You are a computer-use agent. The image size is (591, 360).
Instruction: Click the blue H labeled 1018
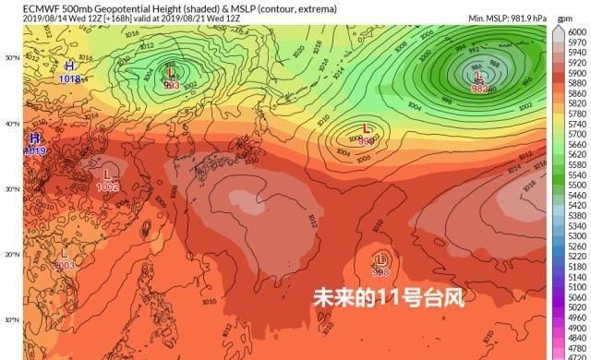(69, 66)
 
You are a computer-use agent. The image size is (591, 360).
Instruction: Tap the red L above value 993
(171, 73)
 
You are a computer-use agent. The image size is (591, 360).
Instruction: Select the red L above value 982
(478, 77)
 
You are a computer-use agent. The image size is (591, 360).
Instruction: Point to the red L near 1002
(107, 174)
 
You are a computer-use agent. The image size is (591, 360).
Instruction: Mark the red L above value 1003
(65, 253)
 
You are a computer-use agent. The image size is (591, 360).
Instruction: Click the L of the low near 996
(367, 128)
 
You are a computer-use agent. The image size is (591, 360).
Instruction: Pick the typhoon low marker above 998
(380, 259)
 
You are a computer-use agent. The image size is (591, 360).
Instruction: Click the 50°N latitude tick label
(12, 57)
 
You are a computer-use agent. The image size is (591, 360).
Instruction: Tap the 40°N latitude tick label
(12, 124)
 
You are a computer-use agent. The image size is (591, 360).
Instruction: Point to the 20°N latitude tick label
(12, 255)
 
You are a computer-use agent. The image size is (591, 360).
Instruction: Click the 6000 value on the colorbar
(577, 30)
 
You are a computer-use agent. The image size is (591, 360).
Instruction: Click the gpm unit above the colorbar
(566, 18)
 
